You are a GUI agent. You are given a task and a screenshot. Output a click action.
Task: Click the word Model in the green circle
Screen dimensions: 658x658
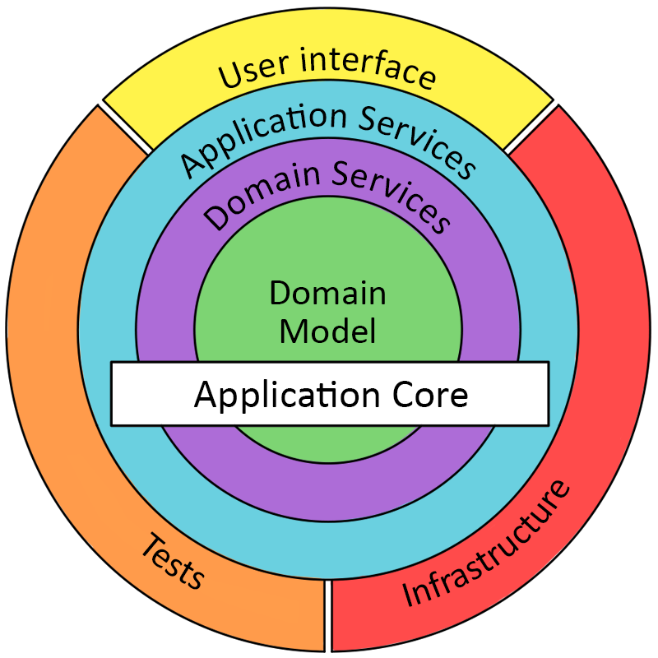pos(328,331)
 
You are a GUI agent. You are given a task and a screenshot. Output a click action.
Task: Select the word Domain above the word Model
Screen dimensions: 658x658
pos(328,293)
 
